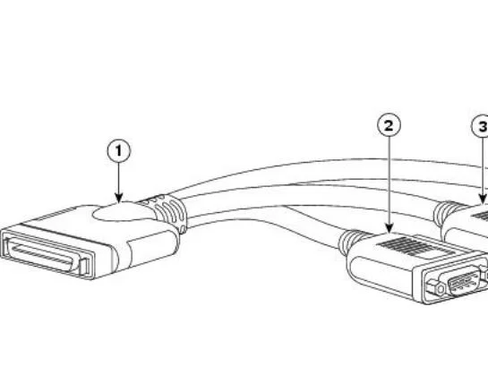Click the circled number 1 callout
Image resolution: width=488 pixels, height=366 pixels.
(119, 151)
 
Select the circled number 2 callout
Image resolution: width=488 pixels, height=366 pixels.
(389, 125)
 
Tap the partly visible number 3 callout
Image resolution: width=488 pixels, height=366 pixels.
(480, 126)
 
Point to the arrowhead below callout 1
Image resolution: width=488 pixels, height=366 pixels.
(119, 198)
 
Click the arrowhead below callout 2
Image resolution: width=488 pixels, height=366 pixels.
(389, 227)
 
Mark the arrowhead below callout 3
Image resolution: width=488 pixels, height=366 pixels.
(483, 199)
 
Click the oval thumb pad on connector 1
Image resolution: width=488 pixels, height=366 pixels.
(124, 212)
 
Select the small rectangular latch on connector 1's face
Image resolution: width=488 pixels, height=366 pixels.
(83, 267)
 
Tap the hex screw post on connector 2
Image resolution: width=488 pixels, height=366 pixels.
(440, 289)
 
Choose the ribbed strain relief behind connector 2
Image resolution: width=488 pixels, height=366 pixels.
(350, 239)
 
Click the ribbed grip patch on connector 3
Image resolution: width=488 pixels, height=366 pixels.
(480, 216)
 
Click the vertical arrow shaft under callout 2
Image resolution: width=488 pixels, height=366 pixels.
(389, 180)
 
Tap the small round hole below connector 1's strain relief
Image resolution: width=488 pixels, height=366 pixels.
(183, 230)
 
